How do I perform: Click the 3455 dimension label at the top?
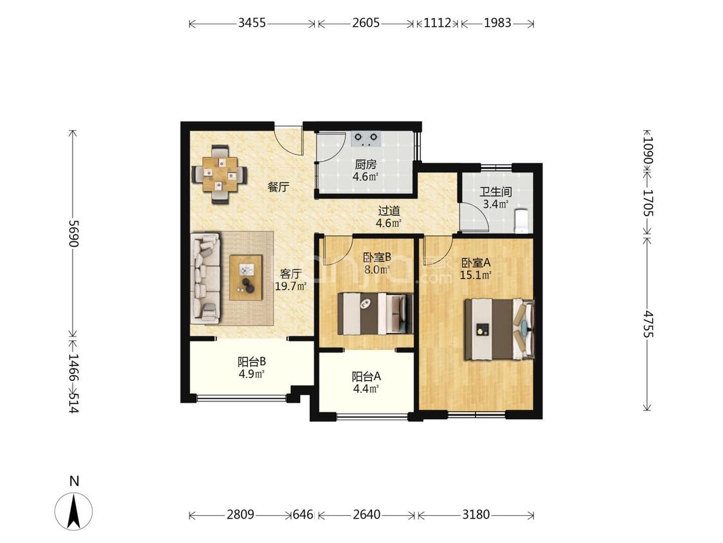point(252,23)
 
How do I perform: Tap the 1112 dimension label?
point(437,23)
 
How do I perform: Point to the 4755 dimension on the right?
point(648,324)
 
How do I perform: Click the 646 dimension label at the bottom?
point(303,514)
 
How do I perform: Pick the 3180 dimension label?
point(476,514)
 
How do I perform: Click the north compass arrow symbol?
point(74,511)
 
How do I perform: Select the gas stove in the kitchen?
point(366,138)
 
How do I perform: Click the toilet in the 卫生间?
point(521,221)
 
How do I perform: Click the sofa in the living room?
point(206,278)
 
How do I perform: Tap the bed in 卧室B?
point(375,313)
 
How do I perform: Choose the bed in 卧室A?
point(499,329)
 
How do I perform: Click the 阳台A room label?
point(366,376)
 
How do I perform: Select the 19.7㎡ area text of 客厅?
point(291,286)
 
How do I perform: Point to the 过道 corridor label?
point(389,211)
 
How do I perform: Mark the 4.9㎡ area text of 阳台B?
point(251,374)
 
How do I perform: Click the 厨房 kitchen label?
point(366,164)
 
